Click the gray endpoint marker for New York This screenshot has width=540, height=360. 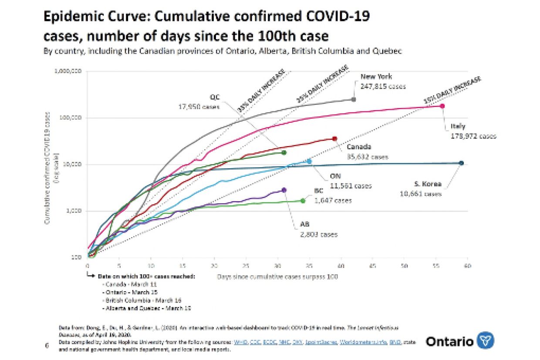tap(353, 99)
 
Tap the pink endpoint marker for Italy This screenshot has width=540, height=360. tap(442, 106)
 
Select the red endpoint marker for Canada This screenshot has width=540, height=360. tap(334, 138)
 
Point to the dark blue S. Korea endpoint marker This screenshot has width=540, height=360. tap(461, 163)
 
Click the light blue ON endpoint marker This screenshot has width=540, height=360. tap(309, 161)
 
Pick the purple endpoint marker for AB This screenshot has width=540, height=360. tap(284, 190)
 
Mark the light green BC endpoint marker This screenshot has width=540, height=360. tap(303, 200)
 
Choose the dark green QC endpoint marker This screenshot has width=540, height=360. tap(284, 152)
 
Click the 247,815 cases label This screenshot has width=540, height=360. tap(383, 86)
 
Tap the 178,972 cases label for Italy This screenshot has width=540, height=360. tap(473, 136)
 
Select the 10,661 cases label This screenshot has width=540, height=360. tap(421, 194)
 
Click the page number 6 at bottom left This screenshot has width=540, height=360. tap(47, 346)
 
